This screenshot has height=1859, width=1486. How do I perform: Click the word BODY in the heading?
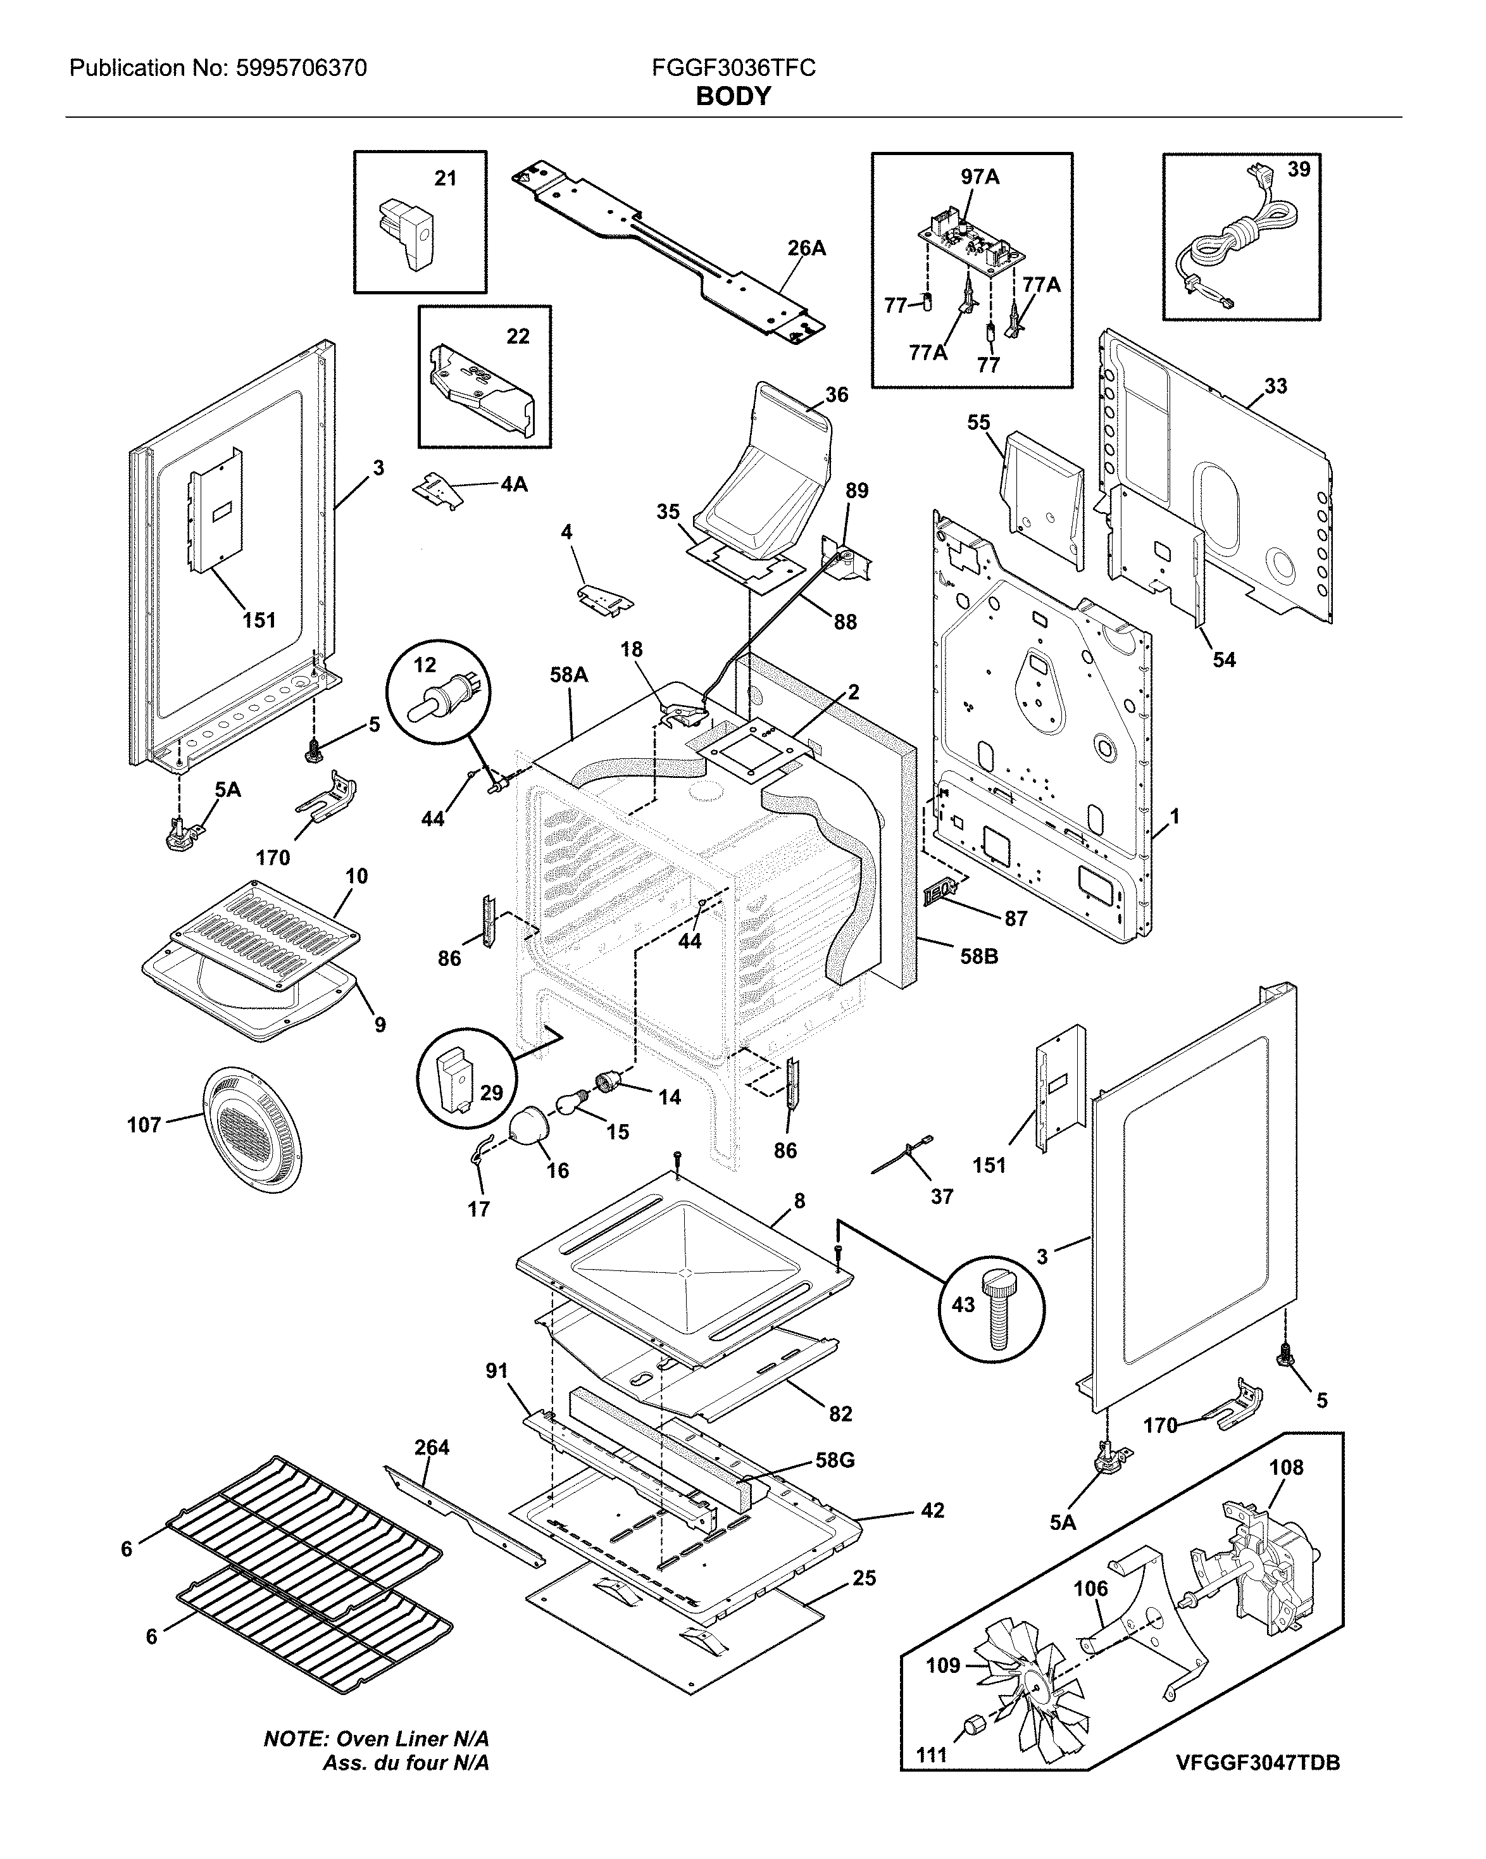coord(733,97)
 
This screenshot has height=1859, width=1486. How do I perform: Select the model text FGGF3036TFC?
coord(733,68)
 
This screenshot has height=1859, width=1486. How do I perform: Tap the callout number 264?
coord(431,1448)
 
